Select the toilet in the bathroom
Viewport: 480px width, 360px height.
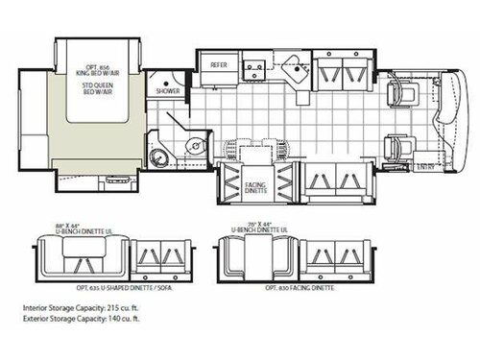(x=160, y=158)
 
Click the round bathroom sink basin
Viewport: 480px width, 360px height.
(x=192, y=146)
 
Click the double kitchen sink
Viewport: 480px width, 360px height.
(x=253, y=67)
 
